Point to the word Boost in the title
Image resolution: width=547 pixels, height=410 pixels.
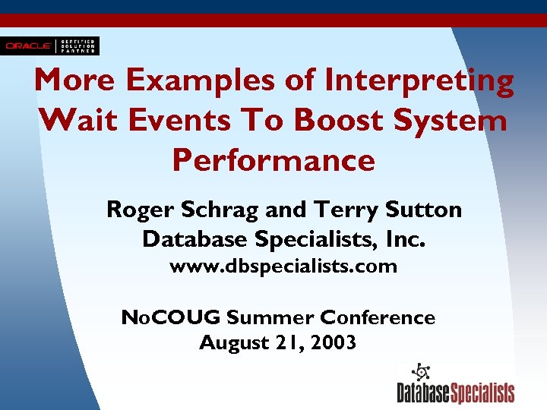point(330,120)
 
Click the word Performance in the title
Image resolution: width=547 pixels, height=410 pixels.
point(273,159)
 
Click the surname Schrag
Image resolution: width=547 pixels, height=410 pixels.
point(211,209)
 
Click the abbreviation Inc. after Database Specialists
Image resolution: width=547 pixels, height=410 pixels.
point(407,239)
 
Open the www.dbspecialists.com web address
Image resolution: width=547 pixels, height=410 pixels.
point(283,266)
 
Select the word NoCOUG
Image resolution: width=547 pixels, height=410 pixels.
point(170,317)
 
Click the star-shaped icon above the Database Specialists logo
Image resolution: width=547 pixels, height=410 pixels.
point(420,373)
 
